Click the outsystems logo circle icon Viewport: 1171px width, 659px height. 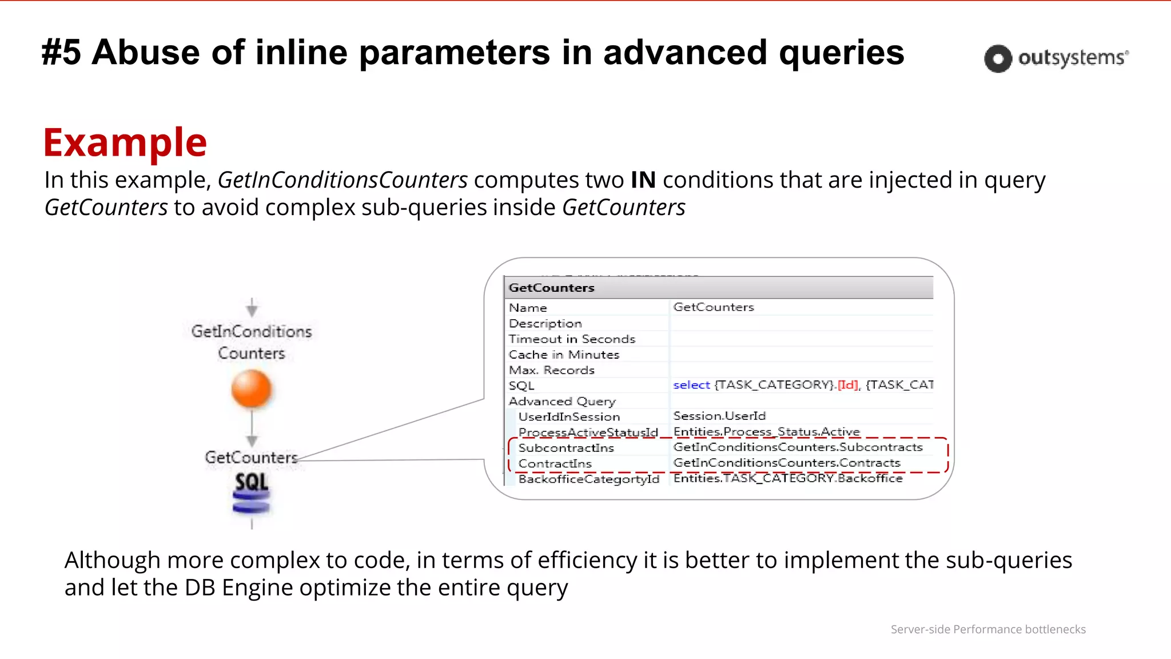998,58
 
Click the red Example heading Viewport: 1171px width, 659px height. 125,142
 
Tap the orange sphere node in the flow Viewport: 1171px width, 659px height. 251,389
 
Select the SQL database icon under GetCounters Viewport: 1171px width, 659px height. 251,493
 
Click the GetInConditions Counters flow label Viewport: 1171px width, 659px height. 252,342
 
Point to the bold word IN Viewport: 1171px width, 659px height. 643,180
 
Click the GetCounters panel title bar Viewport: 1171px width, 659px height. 718,288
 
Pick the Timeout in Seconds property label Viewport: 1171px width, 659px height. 572,339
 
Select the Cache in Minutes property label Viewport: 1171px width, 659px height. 564,355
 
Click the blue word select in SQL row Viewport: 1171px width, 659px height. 691,385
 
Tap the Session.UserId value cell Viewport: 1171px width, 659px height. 719,416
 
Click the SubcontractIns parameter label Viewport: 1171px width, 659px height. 566,448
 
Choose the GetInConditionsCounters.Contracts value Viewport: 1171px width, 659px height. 787,463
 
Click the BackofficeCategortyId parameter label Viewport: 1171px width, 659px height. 589,479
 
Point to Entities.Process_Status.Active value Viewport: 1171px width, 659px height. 766,432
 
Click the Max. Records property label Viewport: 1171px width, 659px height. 552,370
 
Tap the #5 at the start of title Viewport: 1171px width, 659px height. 62,53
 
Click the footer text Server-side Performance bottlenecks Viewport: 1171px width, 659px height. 987,629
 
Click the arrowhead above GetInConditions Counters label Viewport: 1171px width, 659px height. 252,309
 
